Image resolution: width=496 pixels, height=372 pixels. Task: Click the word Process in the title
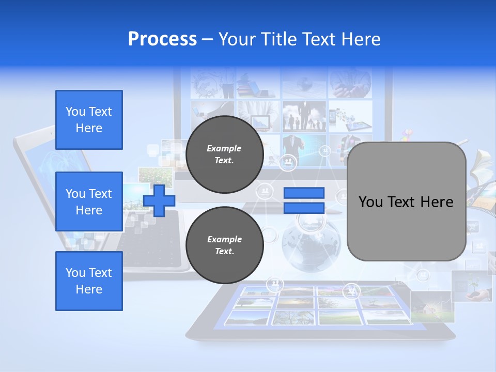(162, 39)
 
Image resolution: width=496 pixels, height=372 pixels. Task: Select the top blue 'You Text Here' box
(89, 120)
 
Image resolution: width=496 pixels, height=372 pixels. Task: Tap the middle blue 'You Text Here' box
(89, 202)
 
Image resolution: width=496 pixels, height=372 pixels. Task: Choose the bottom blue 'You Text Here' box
(89, 281)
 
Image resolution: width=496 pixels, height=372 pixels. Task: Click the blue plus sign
(159, 200)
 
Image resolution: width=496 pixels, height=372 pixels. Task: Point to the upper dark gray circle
(224, 154)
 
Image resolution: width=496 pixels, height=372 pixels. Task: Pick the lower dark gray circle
(224, 245)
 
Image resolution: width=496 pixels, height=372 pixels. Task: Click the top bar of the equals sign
(304, 193)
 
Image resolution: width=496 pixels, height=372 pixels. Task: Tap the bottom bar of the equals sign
(304, 208)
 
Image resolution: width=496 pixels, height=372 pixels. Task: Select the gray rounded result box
(406, 202)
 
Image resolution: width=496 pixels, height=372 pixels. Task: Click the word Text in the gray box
(406, 202)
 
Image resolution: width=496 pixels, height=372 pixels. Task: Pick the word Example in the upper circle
(224, 148)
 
